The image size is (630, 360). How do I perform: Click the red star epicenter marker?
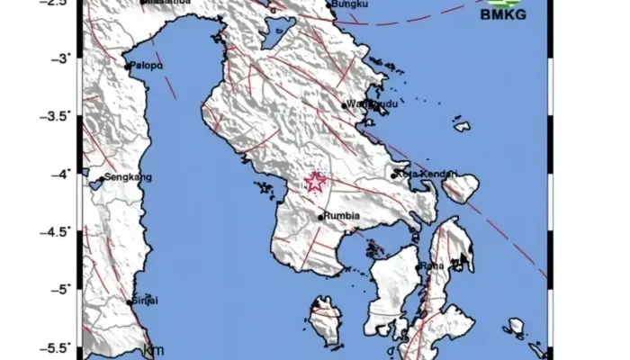315,183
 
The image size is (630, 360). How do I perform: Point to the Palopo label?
146,66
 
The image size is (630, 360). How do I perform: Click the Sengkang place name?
124,177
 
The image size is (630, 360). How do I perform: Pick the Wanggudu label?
367,104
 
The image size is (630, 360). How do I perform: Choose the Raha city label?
435,265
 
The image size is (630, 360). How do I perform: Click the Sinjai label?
146,300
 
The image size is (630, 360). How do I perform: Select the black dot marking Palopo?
128,66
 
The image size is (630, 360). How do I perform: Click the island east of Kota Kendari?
462,187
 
